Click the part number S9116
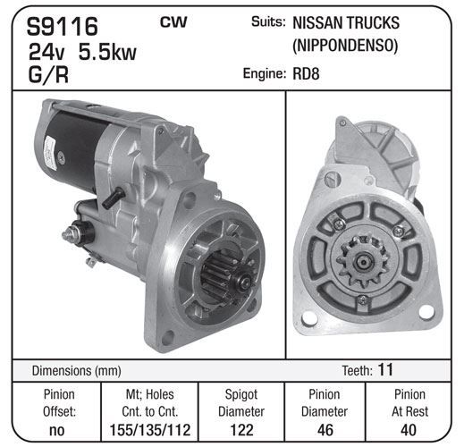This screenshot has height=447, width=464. point(63,26)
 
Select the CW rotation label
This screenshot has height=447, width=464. point(173,22)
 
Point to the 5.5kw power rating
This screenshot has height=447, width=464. point(107,52)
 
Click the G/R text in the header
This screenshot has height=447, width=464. point(48,74)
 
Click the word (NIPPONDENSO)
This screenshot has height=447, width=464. point(345,46)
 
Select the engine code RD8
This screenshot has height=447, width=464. point(306,73)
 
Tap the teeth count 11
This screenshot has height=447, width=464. point(385,369)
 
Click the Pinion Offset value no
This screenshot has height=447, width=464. point(56,430)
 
